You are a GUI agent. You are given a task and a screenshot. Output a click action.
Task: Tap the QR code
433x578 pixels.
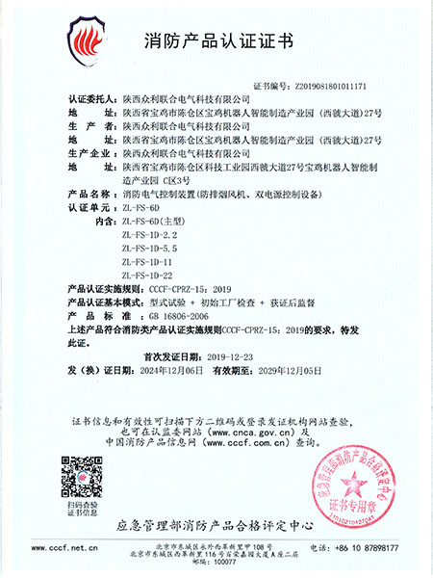[x=79, y=474]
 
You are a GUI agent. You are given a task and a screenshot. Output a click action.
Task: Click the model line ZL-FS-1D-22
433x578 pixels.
[x=149, y=275]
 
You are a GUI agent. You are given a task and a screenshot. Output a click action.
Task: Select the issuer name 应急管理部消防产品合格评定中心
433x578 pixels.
[x=216, y=525]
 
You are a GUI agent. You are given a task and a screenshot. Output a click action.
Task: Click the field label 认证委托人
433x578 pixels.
[x=95, y=98]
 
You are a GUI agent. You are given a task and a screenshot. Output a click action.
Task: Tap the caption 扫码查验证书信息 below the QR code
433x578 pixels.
[x=79, y=508]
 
